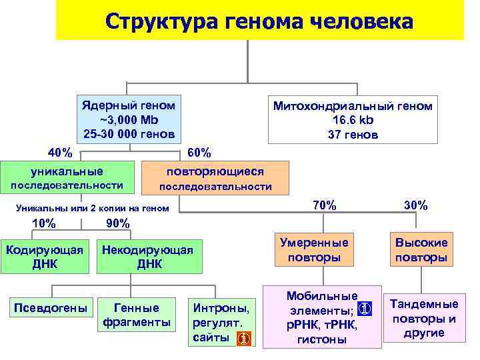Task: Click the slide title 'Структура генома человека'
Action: click(x=259, y=21)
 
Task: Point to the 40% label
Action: click(x=61, y=152)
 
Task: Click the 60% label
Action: click(x=200, y=153)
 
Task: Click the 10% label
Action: click(x=44, y=223)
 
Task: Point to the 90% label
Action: click(x=118, y=223)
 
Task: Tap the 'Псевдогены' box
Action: click(x=51, y=308)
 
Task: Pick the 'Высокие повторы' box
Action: click(x=421, y=249)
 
